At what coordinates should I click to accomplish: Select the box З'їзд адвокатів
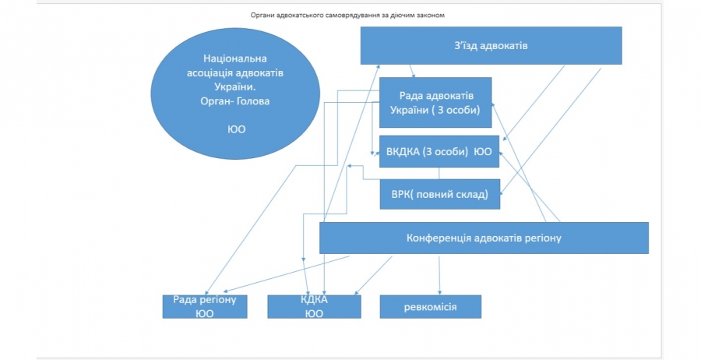click(x=491, y=46)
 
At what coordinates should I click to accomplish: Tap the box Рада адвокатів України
click(x=435, y=102)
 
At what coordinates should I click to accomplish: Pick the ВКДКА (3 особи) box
click(x=439, y=152)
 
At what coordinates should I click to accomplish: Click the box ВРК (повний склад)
click(x=439, y=194)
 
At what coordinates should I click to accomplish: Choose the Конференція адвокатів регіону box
click(x=484, y=238)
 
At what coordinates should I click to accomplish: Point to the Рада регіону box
click(x=205, y=306)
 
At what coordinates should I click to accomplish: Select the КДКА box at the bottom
click(x=314, y=306)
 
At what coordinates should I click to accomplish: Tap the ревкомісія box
click(x=430, y=306)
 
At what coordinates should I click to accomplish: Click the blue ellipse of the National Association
click(x=236, y=101)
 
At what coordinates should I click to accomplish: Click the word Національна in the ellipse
click(x=236, y=58)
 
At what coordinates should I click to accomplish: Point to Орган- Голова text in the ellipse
click(x=236, y=101)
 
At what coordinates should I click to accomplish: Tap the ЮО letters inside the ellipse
click(x=237, y=129)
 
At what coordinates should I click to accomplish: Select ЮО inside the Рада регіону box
click(x=205, y=313)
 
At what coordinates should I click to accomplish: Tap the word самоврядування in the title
click(x=355, y=14)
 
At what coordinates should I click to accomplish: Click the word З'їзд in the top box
click(x=466, y=46)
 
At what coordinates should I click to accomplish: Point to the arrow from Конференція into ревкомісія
click(x=441, y=273)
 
